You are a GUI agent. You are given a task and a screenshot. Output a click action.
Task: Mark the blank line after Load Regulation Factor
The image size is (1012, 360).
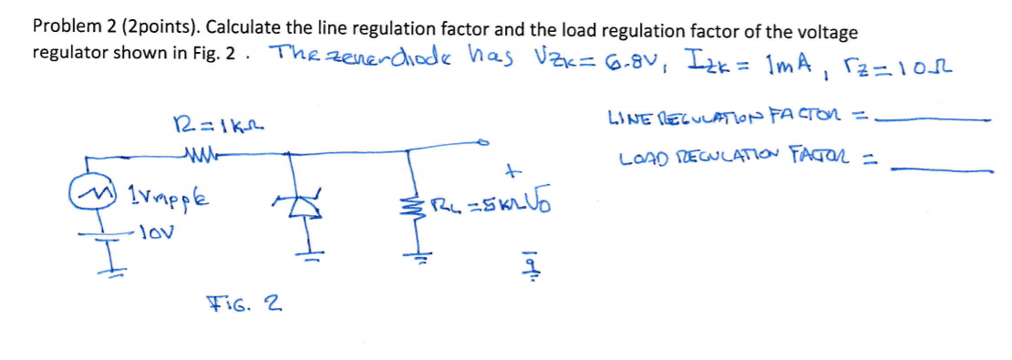point(945,168)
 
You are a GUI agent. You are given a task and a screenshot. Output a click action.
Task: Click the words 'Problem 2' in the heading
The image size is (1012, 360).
point(72,28)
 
